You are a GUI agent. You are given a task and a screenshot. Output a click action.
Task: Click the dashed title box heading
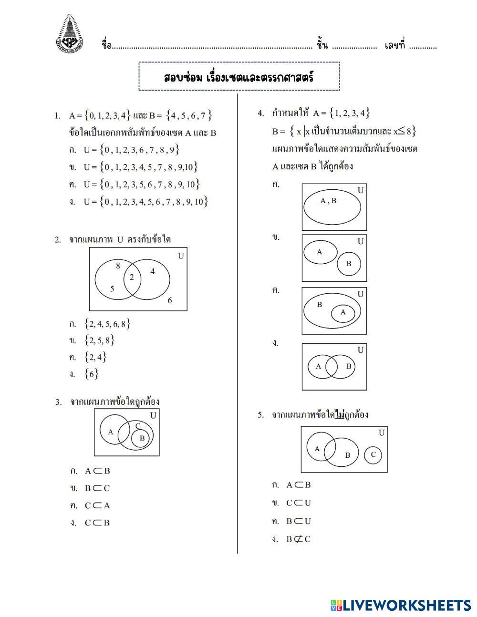pyautogui.click(x=239, y=77)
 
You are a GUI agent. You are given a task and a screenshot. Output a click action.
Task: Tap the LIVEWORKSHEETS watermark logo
pyautogui.click(x=400, y=605)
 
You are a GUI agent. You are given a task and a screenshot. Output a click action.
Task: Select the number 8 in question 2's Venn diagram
pyautogui.click(x=118, y=266)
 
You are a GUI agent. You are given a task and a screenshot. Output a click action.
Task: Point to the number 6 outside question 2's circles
pyautogui.click(x=169, y=300)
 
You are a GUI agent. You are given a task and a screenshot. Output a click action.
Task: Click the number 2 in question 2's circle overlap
pyautogui.click(x=132, y=278)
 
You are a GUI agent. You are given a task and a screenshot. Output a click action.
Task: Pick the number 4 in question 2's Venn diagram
pyautogui.click(x=152, y=271)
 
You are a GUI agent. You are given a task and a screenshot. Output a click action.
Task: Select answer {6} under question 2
pyautogui.click(x=91, y=374)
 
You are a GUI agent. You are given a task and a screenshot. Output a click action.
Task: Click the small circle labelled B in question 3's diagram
pyautogui.click(x=141, y=438)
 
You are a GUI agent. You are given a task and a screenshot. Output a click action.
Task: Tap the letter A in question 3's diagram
pyautogui.click(x=111, y=432)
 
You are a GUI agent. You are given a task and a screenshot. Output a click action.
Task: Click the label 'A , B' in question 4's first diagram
pyautogui.click(x=328, y=201)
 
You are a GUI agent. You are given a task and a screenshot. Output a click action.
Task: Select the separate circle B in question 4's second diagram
pyautogui.click(x=349, y=263)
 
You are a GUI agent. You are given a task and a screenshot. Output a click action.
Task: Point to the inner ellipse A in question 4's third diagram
pyautogui.click(x=343, y=313)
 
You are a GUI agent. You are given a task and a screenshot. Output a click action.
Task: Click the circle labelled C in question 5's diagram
pyautogui.click(x=373, y=454)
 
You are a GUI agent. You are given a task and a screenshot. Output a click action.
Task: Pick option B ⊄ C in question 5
pyautogui.click(x=298, y=539)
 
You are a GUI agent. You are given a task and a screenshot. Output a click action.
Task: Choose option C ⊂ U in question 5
pyautogui.click(x=298, y=503)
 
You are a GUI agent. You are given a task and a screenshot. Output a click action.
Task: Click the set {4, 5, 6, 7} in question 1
pyautogui.click(x=189, y=115)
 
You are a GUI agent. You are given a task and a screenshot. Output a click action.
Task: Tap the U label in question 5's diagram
pyautogui.click(x=382, y=433)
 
